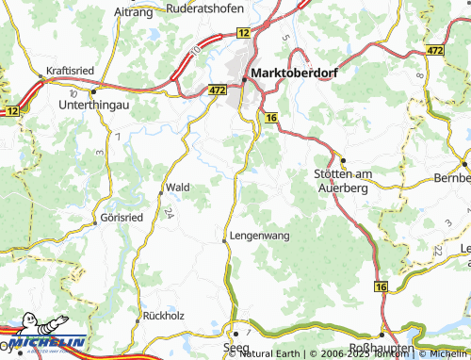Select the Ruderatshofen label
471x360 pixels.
click(x=203, y=8)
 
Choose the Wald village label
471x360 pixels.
click(x=178, y=188)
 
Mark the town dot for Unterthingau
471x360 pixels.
click(x=94, y=92)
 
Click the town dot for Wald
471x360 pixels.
click(x=158, y=192)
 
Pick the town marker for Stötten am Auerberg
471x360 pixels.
click(x=343, y=160)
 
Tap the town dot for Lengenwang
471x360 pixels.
click(x=223, y=241)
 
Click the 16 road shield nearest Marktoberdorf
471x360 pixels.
click(x=271, y=116)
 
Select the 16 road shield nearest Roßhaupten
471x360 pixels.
click(x=381, y=286)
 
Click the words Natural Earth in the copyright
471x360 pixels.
click(x=271, y=353)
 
